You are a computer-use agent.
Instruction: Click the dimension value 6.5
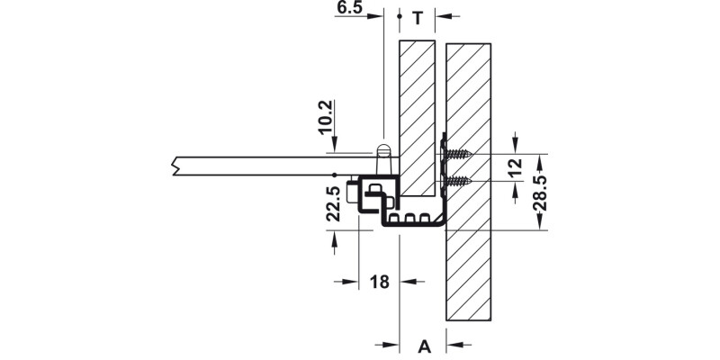coord(350,8)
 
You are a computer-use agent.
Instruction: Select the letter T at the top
coord(418,16)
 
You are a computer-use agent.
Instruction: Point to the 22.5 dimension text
coord(332,203)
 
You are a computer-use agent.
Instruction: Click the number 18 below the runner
coord(379,282)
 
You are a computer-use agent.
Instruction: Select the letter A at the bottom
coord(424,344)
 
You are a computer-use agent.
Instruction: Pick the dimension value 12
coord(514,167)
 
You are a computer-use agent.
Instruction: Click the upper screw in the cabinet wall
coord(459,155)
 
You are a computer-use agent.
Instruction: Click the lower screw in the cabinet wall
coord(459,182)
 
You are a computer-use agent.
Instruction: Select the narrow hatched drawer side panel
coord(418,117)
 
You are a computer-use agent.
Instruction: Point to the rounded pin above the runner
coord(382,150)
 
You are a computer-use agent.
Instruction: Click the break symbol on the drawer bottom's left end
coord(173,166)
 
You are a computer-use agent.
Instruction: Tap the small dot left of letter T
coord(399,16)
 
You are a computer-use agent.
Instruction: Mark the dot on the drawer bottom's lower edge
coord(334,174)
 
